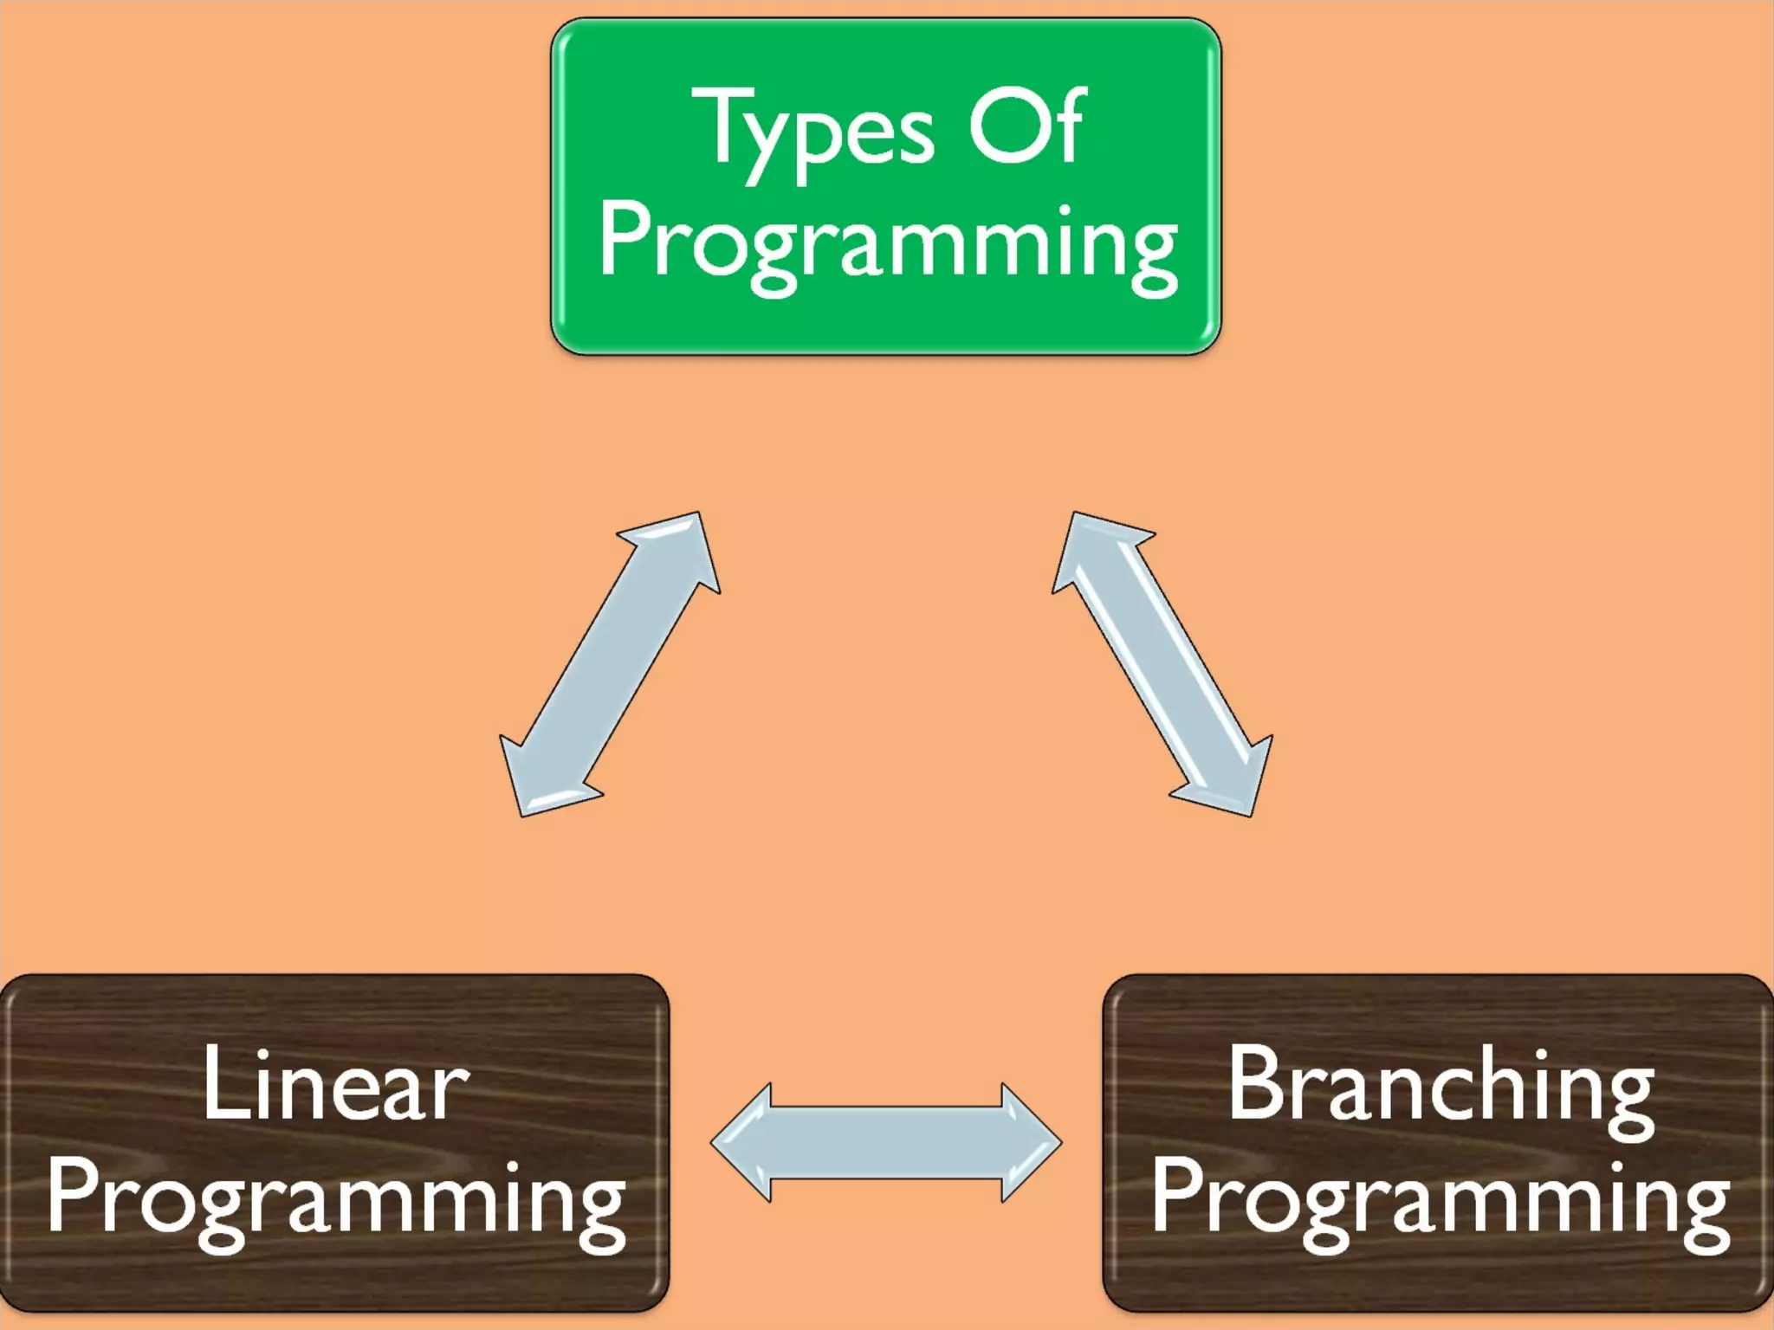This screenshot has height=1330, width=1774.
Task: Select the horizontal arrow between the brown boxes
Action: tap(885, 1143)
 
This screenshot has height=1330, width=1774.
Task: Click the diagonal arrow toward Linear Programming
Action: tap(610, 663)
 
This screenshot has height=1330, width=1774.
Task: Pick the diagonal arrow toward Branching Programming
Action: tap(1162, 663)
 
